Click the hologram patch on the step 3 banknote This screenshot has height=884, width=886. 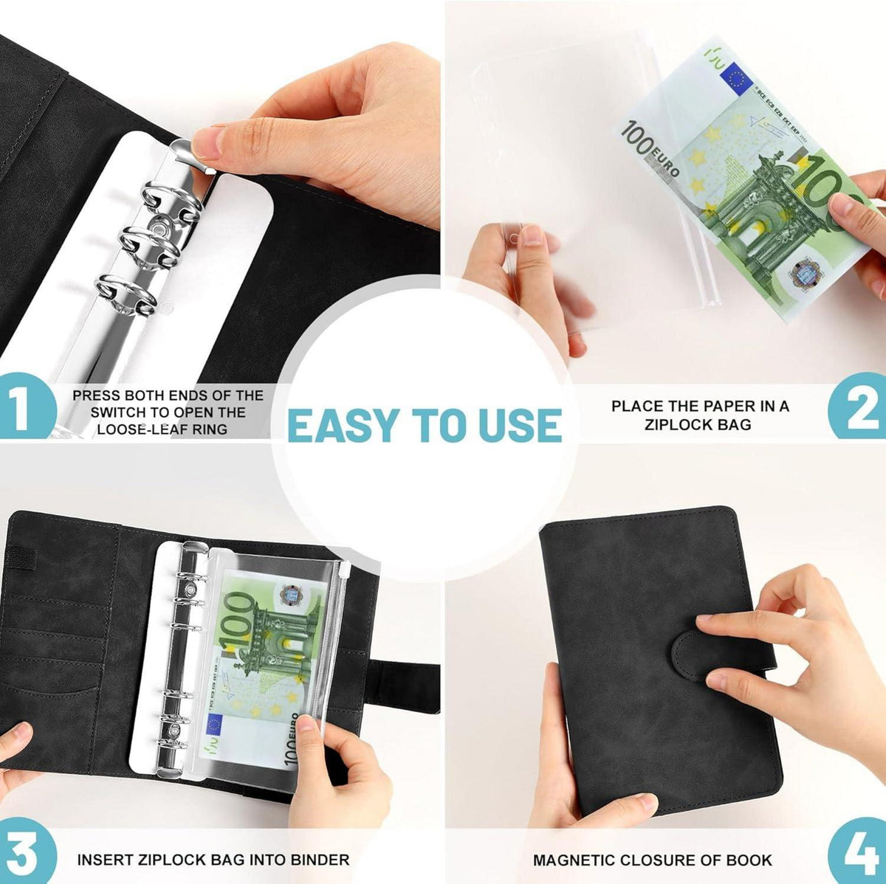(289, 597)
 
